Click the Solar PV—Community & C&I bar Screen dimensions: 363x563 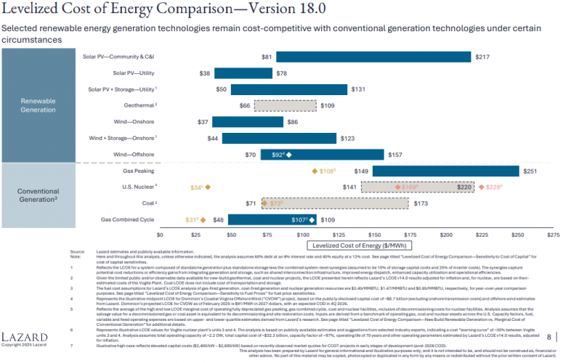pyautogui.click(x=373, y=57)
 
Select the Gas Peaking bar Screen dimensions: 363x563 pyautogui.click(x=446, y=171)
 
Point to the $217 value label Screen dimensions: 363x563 pyautogui.click(x=482, y=57)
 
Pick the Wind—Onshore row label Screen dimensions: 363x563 pyautogui.click(x=134, y=122)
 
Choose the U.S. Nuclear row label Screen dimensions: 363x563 pyautogui.click(x=137, y=187)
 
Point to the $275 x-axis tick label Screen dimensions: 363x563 pyautogui.click(x=553, y=235)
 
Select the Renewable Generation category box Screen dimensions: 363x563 pyautogui.click(x=38, y=105)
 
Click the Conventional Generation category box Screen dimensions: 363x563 pyautogui.click(x=38, y=195)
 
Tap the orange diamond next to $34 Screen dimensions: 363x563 pyautogui.click(x=208, y=187)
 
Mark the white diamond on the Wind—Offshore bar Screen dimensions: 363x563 pyautogui.click(x=289, y=155)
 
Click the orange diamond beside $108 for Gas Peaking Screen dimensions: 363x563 pyautogui.click(x=314, y=171)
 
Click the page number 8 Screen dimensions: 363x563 pyautogui.click(x=548, y=336)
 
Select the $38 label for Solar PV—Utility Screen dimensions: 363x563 pyautogui.click(x=205, y=73)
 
